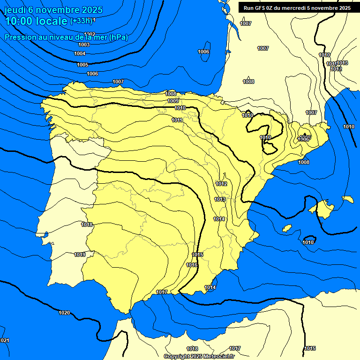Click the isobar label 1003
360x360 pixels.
[84, 45]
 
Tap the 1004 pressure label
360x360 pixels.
[80, 53]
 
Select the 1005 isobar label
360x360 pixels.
[82, 65]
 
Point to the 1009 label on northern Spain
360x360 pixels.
[173, 101]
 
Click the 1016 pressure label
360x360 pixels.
[192, 265]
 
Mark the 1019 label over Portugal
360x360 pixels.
[80, 255]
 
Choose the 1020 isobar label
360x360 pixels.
[64, 313]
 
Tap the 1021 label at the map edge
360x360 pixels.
[4, 340]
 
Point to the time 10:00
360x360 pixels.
[18, 21]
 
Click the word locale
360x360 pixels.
[51, 21]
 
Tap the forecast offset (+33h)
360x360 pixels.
[81, 21]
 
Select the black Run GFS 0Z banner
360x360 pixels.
[297, 8]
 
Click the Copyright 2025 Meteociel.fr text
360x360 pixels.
[199, 356]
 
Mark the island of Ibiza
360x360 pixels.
[287, 227]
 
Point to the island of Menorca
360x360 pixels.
[348, 199]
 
